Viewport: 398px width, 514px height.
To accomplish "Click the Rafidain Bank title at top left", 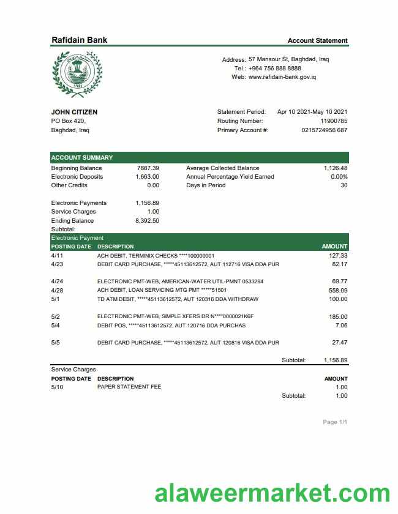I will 79,40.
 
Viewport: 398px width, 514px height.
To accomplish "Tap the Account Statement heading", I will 317,40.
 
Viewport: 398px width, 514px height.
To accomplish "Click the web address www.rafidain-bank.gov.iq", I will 282,77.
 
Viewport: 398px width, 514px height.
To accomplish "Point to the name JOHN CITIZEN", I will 74,112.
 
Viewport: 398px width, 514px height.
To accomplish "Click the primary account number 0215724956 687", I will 325,130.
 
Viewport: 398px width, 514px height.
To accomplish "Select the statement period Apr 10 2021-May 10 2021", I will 312,112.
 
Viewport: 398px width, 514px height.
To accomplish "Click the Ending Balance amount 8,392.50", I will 147,220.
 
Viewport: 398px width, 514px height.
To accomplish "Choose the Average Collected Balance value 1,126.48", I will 336,168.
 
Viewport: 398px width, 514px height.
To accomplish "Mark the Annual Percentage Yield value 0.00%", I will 339,176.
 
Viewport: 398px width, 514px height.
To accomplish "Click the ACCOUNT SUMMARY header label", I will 82,157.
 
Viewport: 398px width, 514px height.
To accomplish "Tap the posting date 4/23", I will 57,264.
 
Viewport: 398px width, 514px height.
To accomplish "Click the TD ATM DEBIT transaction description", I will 178,299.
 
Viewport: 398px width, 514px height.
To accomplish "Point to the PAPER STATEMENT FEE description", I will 129,387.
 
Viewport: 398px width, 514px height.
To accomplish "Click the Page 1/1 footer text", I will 335,422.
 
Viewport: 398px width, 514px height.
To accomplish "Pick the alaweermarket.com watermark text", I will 272,494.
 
